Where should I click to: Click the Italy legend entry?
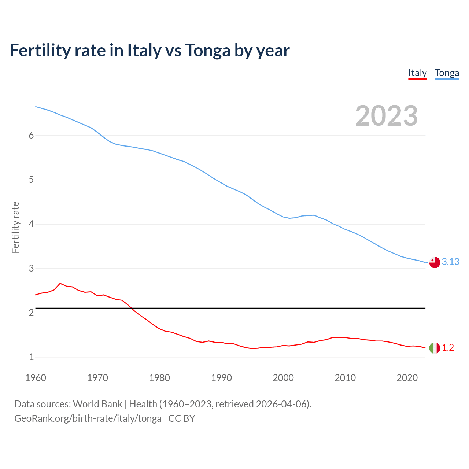417,73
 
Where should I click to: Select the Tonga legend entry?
447,73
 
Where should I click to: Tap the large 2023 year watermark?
386,116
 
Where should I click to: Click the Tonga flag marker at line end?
435,262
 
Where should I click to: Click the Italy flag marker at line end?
435,348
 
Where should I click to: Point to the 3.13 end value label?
450,262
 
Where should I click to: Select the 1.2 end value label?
448,347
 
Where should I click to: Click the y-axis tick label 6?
31,135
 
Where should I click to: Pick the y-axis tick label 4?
31,224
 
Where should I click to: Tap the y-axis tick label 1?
31,357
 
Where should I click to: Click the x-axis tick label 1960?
36,378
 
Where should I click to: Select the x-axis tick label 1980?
159,378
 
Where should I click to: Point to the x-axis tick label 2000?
283,378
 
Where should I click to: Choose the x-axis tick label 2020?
407,378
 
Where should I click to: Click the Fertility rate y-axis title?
15,227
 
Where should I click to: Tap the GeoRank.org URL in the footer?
88,418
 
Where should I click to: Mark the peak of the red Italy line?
60,283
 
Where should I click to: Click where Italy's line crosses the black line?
131,308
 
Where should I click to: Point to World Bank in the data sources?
97,404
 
